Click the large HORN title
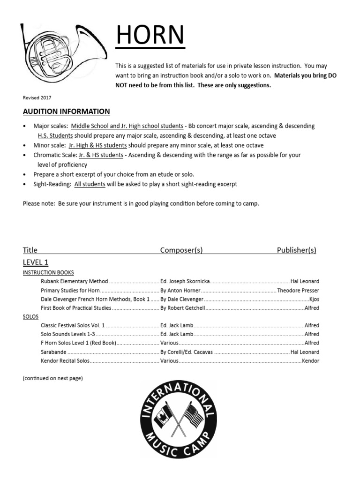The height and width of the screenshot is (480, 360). tap(150, 36)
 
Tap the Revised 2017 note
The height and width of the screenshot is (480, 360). tap(37, 97)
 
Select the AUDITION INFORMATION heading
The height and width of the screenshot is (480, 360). tap(66, 111)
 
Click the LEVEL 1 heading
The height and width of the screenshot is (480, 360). tap(36, 262)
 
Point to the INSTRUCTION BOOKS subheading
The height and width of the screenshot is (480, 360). tap(48, 272)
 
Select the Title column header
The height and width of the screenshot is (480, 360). tap(30, 250)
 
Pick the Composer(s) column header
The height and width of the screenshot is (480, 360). tap(181, 250)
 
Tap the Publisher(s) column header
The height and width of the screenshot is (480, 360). tap(296, 250)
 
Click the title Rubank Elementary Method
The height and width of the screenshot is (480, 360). tap(75, 281)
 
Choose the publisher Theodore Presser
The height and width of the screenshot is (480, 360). tap(298, 290)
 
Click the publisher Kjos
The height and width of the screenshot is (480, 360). tap(314, 299)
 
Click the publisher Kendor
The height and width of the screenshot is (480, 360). tap(310, 361)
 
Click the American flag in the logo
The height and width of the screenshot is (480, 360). tap(194, 415)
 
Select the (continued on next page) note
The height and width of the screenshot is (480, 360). tap(52, 378)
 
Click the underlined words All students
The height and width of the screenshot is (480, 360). tap(90, 184)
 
